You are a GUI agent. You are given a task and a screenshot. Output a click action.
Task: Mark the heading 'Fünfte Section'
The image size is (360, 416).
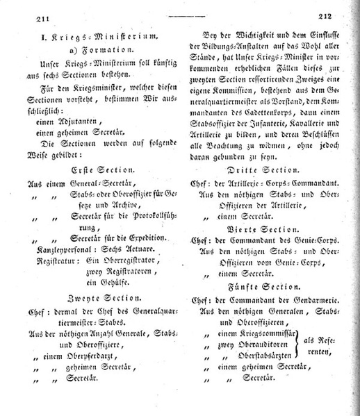(268, 284)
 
